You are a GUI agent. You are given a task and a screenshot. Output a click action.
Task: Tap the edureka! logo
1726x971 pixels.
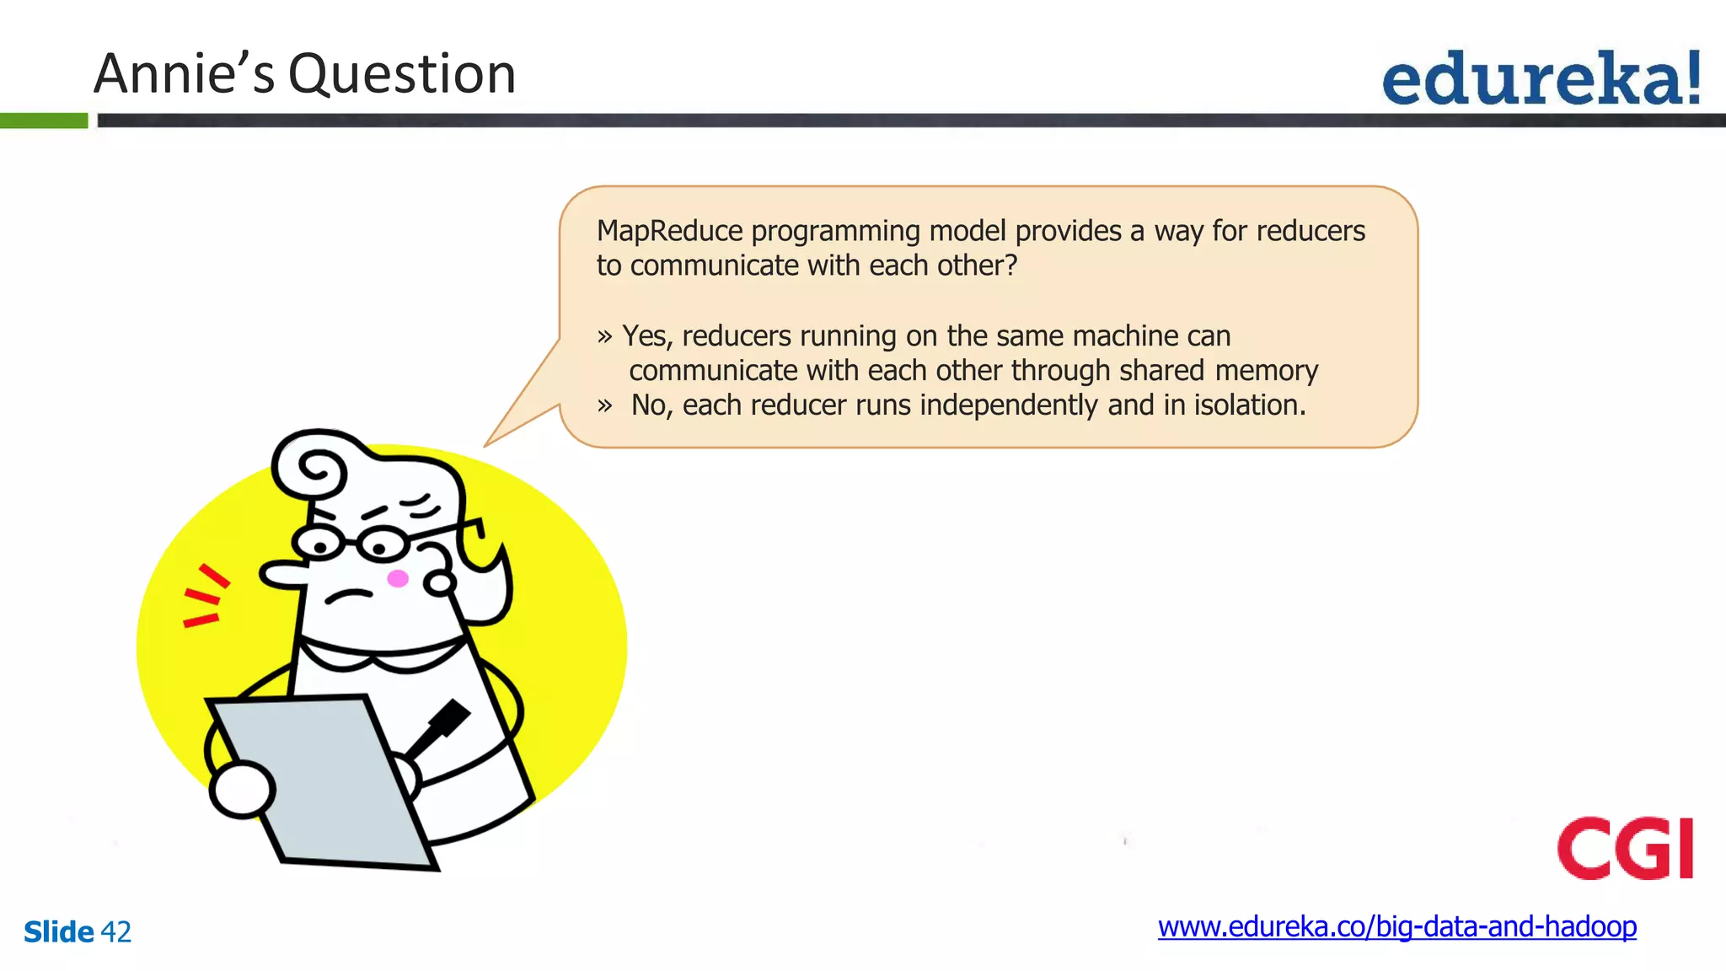[1541, 78]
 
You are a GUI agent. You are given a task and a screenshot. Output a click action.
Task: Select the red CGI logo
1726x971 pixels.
[1625, 848]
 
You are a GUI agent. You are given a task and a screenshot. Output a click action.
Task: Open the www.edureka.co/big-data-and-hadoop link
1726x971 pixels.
[1396, 926]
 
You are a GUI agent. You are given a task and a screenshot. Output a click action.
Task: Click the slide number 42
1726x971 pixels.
[115, 932]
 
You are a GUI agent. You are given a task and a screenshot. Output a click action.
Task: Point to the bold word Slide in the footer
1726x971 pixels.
[58, 932]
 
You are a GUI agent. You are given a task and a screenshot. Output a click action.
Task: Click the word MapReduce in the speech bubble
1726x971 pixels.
[669, 231]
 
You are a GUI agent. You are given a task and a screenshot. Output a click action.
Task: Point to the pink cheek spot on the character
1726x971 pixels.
[398, 578]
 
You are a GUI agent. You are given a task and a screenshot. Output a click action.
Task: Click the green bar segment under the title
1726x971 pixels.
[43, 121]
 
